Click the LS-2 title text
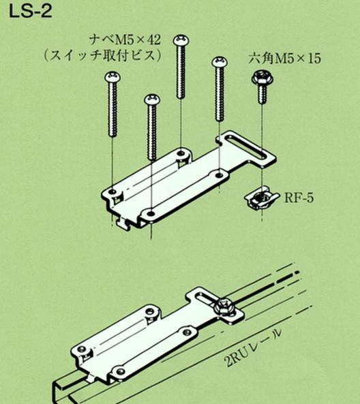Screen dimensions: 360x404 [x=31, y=12]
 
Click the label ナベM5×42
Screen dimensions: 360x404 [x=125, y=40]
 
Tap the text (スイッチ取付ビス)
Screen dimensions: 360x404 [x=103, y=55]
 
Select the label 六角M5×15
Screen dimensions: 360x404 [x=285, y=59]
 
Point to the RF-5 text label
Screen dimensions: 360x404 [x=299, y=198]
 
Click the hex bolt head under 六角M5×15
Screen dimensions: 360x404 [x=262, y=78]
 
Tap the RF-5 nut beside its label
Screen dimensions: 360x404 [x=261, y=200]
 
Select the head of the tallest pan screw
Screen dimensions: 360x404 [x=181, y=40]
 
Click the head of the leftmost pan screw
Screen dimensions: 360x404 [x=112, y=77]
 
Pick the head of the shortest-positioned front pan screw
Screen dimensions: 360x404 [x=152, y=99]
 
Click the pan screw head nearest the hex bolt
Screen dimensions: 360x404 [x=220, y=63]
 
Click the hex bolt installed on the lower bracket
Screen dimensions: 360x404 [x=224, y=307]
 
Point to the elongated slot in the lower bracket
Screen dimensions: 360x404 [x=207, y=300]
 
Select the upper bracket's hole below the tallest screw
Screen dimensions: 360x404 [x=181, y=153]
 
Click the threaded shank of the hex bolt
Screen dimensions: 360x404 [x=262, y=94]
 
